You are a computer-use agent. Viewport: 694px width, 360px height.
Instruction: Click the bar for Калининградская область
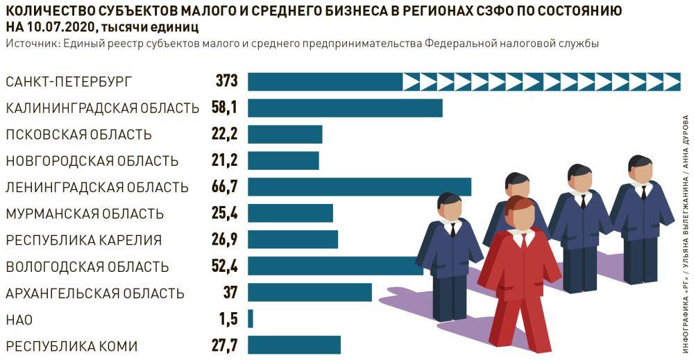click(x=345, y=108)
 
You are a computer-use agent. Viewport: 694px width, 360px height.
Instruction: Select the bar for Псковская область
click(x=285, y=135)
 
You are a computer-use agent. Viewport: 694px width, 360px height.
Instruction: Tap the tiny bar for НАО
click(x=251, y=318)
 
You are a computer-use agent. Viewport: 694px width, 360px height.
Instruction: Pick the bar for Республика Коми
click(x=294, y=345)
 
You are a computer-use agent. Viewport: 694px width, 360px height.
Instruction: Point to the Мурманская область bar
click(x=290, y=213)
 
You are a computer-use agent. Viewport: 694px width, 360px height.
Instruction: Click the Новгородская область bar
click(x=283, y=161)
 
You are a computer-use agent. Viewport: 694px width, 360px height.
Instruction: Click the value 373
click(x=226, y=82)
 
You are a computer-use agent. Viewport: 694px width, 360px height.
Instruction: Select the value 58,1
click(x=225, y=108)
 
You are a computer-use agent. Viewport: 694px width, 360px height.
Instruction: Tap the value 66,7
click(x=225, y=187)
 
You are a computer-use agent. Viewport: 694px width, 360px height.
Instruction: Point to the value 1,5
click(x=228, y=319)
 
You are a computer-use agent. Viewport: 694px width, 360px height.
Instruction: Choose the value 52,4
click(x=225, y=266)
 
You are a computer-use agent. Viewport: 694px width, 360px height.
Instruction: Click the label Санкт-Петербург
click(x=68, y=82)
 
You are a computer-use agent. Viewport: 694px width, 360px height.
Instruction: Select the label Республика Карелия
click(x=83, y=240)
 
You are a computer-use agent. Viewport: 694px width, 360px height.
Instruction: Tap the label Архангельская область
click(x=95, y=293)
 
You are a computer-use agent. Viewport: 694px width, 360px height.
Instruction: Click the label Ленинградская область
click(x=97, y=187)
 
